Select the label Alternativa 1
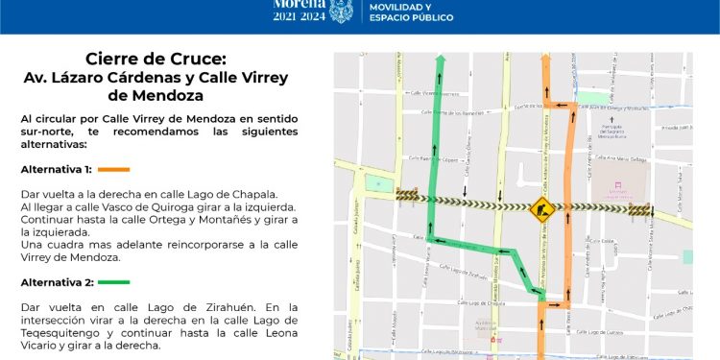[x=56, y=170]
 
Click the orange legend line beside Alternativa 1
[x=113, y=170]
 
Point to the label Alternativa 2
[x=56, y=282]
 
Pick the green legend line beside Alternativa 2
[x=114, y=282]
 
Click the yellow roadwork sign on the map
[x=541, y=206]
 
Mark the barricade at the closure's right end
[x=639, y=210]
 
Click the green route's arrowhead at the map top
[x=441, y=61]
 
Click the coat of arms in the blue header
[x=341, y=12]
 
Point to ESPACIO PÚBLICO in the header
[x=412, y=18]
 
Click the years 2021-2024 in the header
[x=299, y=17]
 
